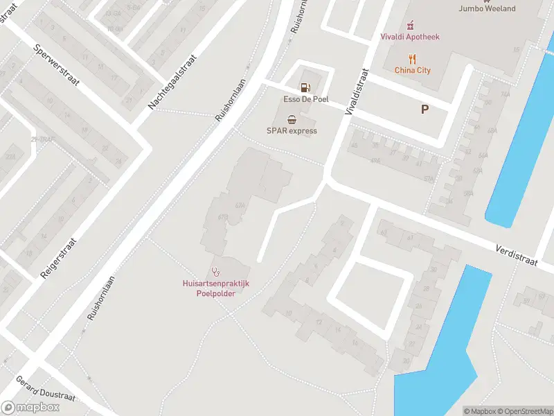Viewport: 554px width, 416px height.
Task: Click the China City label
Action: tap(413, 70)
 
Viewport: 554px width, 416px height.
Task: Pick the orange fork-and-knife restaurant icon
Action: tap(413, 58)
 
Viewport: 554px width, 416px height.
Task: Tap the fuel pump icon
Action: tap(304, 87)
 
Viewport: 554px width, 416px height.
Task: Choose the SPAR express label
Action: tap(292, 131)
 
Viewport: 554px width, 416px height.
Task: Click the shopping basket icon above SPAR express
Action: tap(292, 119)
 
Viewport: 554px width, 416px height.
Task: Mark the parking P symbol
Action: tap(425, 109)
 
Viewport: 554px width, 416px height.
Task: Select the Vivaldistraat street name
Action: tap(355, 90)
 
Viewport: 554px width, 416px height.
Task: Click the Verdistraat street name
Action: tap(517, 254)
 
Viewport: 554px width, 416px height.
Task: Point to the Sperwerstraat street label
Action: tap(57, 65)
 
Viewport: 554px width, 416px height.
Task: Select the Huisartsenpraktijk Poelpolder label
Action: tap(215, 288)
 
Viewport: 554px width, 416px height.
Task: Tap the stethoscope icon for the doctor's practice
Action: tap(215, 272)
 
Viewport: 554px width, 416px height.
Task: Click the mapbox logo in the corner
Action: tap(30, 408)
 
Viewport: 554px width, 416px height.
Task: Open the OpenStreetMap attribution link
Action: tap(525, 411)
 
